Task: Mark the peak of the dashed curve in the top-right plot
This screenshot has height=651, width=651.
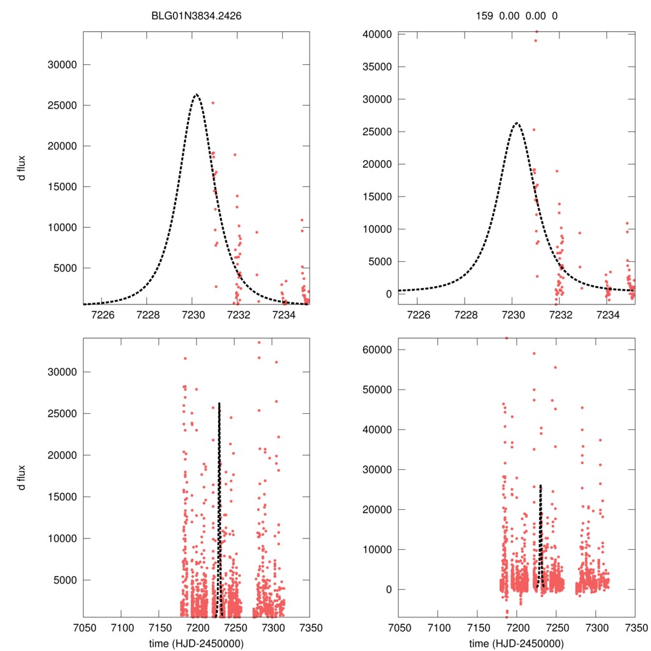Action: pos(516,123)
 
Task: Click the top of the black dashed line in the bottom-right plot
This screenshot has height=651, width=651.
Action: pos(540,485)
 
